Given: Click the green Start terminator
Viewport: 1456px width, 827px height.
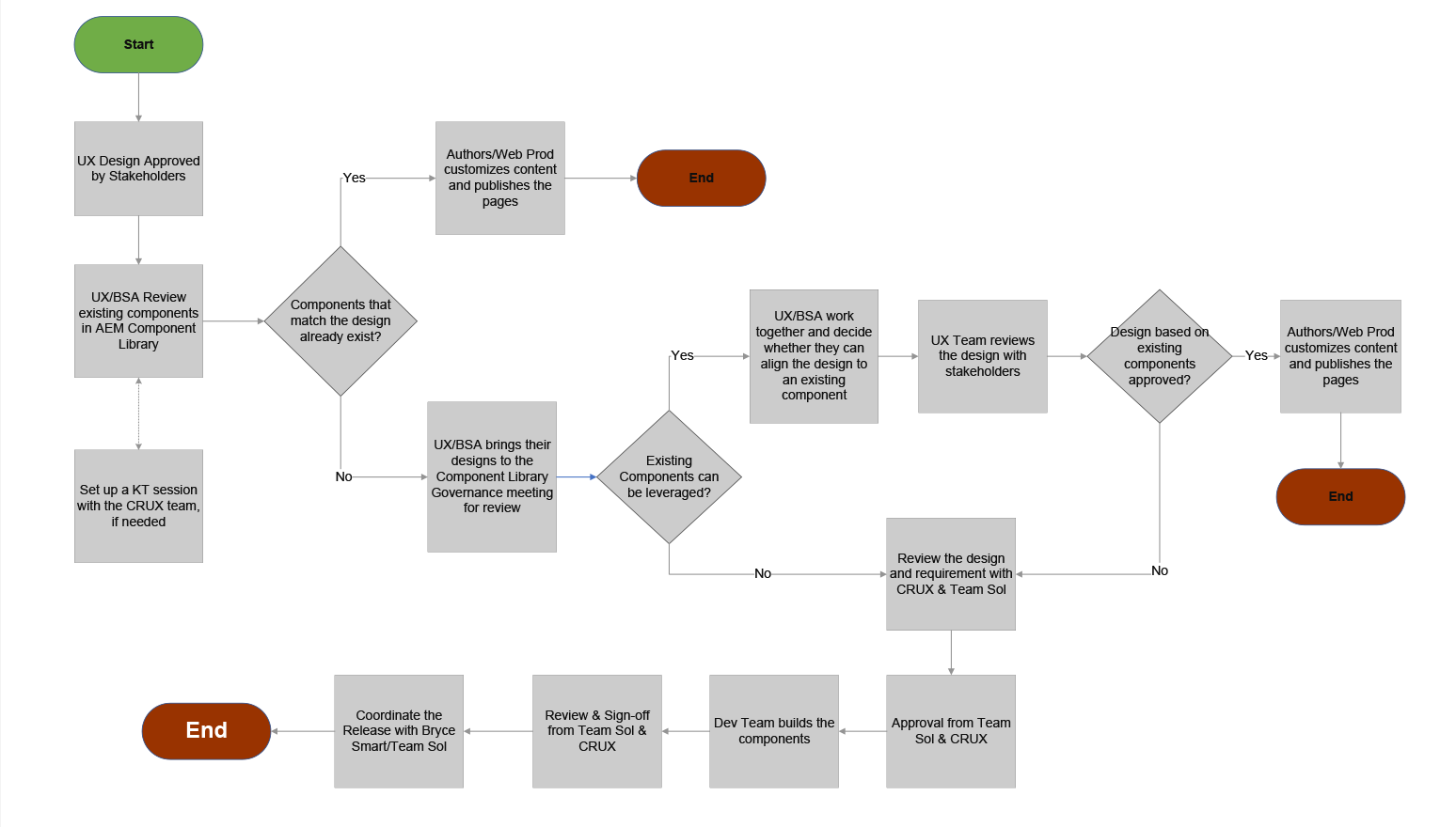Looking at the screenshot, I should (x=138, y=44).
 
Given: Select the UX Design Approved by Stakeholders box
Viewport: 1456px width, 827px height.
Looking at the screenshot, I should (x=138, y=168).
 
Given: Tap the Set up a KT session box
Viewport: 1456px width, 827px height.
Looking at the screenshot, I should (x=138, y=506).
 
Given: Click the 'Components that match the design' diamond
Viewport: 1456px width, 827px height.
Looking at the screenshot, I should (x=340, y=320).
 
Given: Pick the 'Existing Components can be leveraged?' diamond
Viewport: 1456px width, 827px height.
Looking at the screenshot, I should (x=669, y=476).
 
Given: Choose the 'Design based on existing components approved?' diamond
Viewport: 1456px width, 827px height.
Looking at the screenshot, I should (x=1159, y=356).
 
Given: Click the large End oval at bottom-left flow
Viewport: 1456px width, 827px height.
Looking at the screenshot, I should (x=206, y=730).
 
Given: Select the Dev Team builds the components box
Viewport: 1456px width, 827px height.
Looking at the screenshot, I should (x=773, y=730).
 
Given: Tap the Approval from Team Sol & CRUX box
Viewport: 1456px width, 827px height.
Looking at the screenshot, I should (x=950, y=730).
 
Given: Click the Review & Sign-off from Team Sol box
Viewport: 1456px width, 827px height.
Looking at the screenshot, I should (x=596, y=730).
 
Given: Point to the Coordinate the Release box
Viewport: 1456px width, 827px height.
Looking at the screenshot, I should (x=399, y=730).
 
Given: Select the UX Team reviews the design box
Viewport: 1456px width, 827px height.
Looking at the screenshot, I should (x=982, y=356).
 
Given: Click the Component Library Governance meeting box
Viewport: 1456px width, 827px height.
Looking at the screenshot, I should (x=492, y=476).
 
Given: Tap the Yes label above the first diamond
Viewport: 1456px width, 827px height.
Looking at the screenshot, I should (x=354, y=178).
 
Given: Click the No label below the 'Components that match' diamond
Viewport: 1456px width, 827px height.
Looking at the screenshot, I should (x=344, y=476).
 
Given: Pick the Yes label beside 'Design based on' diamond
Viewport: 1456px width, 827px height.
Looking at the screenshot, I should (x=1256, y=355).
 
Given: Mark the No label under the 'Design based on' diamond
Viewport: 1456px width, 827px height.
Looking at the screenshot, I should (x=1160, y=570).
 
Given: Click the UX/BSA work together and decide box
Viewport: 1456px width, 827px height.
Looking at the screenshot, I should (x=814, y=356).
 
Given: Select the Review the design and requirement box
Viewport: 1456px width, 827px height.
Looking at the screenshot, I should (x=950, y=573).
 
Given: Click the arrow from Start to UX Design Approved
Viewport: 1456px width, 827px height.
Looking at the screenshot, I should (x=138, y=97).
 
